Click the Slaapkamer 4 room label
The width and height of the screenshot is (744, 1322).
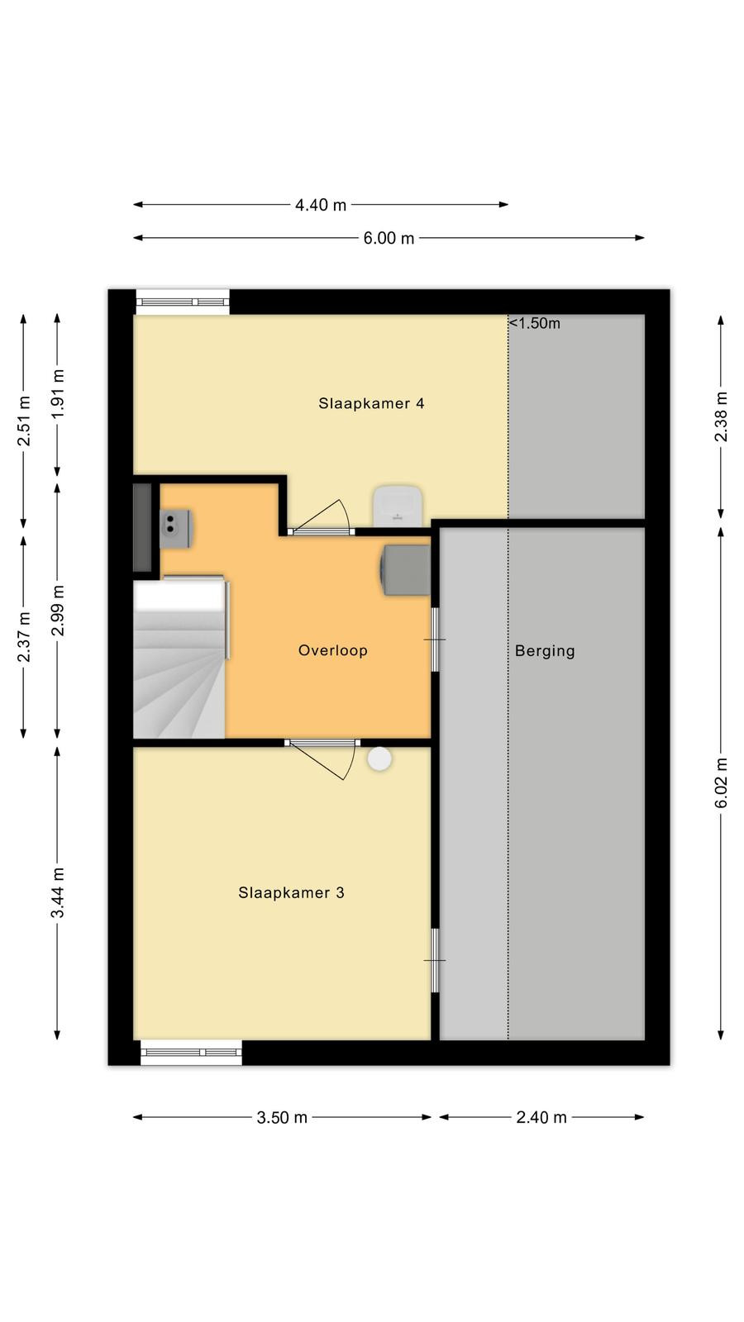[371, 404]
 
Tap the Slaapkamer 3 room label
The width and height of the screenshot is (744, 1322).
[291, 893]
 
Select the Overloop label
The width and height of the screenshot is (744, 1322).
[333, 650]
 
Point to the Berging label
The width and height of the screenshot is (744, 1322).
[545, 651]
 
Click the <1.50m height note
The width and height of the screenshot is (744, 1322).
[534, 323]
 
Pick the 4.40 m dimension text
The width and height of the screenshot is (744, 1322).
[321, 206]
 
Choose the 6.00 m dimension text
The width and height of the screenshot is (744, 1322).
[389, 239]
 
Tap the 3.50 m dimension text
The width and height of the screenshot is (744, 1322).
[282, 1118]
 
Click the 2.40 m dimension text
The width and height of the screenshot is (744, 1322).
[541, 1118]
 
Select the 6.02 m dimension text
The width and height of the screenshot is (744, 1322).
[721, 783]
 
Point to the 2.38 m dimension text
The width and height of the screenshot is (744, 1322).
[721, 416]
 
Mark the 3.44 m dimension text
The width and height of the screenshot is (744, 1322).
[57, 893]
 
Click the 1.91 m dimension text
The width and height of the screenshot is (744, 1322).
[57, 394]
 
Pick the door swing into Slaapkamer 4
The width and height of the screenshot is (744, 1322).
[322, 516]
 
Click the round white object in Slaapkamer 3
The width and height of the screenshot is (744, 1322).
[379, 759]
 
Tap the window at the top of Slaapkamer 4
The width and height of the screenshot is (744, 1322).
[183, 302]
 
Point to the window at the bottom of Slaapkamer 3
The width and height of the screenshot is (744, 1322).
[191, 1053]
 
